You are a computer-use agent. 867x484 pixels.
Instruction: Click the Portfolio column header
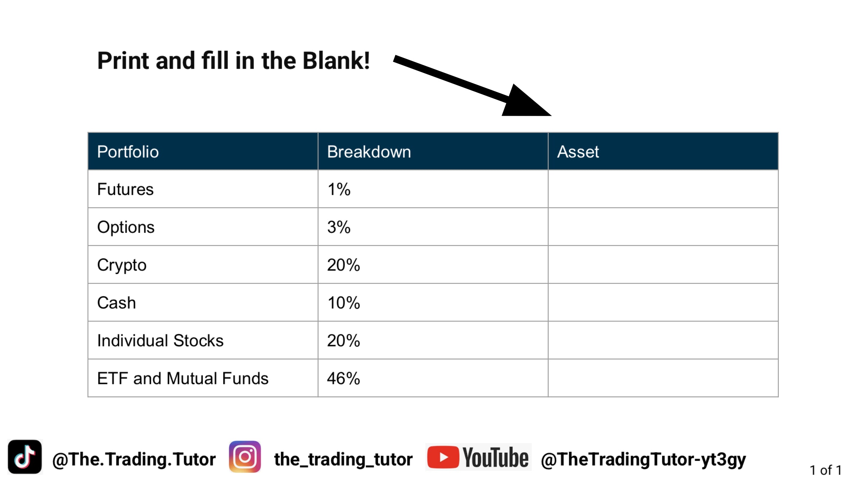[x=128, y=152]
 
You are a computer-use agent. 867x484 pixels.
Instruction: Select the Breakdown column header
[x=369, y=152]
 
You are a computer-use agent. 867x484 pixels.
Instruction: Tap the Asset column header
[x=578, y=152]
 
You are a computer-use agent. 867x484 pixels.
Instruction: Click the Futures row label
[x=125, y=189]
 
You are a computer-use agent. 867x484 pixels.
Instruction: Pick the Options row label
[x=126, y=227]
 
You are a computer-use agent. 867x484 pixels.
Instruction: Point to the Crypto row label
[x=122, y=265]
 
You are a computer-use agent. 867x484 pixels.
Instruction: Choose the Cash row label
[x=117, y=303]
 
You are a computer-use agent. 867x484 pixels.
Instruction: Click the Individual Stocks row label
[x=160, y=341]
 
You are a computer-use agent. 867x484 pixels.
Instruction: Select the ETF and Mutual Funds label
[x=183, y=379]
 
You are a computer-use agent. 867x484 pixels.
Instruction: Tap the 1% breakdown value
[x=339, y=189]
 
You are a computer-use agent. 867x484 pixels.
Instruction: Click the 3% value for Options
[x=339, y=227]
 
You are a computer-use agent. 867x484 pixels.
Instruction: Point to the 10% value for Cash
[x=343, y=303]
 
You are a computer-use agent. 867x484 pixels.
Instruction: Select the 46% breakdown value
[x=343, y=379]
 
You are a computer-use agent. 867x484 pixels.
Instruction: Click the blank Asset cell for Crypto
[x=663, y=265]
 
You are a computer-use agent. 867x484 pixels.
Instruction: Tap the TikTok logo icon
[x=25, y=457]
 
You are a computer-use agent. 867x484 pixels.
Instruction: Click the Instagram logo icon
[x=245, y=457]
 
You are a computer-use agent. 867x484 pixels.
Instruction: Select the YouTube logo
[x=478, y=457]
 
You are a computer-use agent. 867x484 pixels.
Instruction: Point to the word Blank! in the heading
[x=336, y=61]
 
